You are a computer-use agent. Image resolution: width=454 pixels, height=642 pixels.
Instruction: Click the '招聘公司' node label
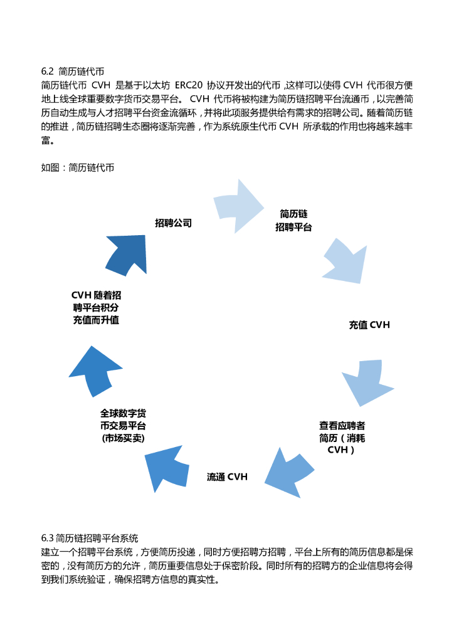(173, 223)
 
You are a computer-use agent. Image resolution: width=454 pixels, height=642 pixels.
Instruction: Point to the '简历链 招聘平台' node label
(293, 220)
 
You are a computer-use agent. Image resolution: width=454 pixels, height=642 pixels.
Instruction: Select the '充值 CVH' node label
(369, 325)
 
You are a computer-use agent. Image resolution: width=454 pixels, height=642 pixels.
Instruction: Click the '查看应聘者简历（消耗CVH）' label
(342, 437)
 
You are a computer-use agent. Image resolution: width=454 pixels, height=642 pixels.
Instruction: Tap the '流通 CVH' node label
(227, 476)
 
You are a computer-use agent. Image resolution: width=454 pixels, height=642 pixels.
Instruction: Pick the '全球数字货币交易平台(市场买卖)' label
(123, 426)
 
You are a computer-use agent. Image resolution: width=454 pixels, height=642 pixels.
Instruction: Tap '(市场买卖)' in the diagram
(123, 438)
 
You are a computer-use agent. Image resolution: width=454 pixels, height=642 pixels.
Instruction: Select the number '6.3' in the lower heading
(48, 537)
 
